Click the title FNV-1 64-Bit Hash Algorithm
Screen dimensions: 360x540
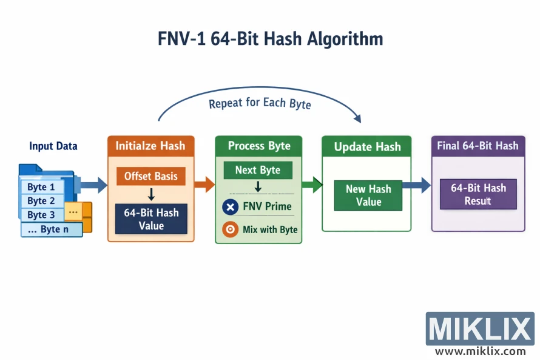click(x=270, y=39)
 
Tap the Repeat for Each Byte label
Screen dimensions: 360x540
click(x=260, y=103)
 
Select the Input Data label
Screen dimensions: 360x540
click(x=53, y=146)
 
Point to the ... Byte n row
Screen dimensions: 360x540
click(x=51, y=229)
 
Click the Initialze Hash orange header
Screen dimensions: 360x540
click(x=151, y=146)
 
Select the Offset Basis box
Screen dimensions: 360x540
click(x=151, y=176)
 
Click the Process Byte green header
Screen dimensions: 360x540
click(x=259, y=146)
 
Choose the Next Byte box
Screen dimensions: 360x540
click(x=258, y=170)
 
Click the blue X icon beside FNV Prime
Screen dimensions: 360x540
click(x=231, y=206)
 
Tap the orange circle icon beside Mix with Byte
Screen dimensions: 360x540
click(x=231, y=229)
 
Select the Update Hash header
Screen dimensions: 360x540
click(x=367, y=147)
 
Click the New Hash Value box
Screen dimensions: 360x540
click(x=368, y=195)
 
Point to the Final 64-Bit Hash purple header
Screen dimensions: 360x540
click(x=478, y=146)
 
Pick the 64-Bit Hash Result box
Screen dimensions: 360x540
click(x=478, y=194)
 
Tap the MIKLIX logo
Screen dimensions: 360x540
click(x=479, y=330)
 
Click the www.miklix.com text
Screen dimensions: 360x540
click(x=480, y=351)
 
